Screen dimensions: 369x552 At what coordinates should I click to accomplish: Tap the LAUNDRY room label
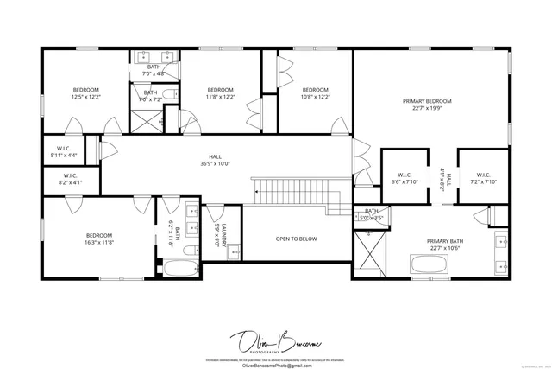(x=223, y=235)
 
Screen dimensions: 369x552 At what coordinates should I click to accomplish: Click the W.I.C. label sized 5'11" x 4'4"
(x=63, y=152)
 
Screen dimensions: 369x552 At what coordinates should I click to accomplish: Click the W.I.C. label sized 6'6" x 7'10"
(x=404, y=178)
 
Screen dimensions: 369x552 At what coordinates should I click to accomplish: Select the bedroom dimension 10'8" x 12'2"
(x=315, y=97)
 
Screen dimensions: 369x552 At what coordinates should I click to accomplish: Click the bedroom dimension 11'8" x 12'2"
(x=221, y=97)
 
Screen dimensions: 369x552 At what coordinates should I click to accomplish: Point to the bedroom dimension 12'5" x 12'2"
(x=86, y=97)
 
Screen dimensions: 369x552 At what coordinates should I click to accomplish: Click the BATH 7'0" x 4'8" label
(x=154, y=71)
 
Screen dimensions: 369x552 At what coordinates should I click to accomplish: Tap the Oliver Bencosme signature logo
(x=274, y=339)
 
